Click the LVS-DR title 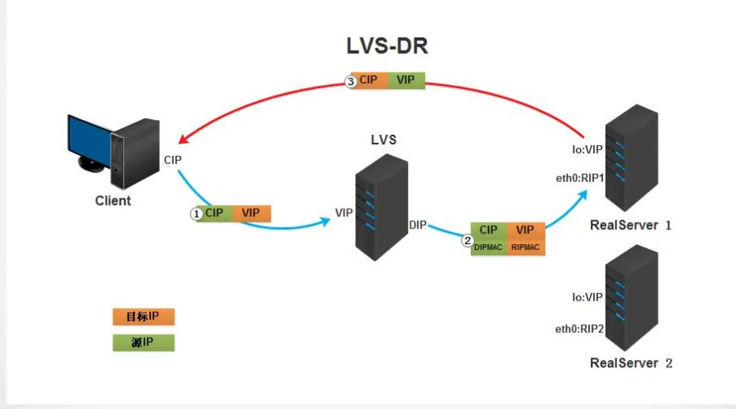coord(388,46)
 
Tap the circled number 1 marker coord(197,214)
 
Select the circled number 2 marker coord(467,241)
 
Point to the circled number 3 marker coord(351,82)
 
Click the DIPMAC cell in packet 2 coord(489,247)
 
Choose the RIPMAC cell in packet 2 coord(525,247)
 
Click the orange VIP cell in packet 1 coord(251,213)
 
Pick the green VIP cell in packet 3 coord(406,80)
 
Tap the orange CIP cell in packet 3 coord(370,80)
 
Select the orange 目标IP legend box coord(144,317)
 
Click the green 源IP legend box coord(144,343)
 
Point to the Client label coord(113,201)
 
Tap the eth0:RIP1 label coord(579,179)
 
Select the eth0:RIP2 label coord(579,329)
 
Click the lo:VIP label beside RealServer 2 coord(587,297)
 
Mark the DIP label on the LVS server coord(417,225)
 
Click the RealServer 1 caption coord(631,225)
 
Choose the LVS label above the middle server coord(384,140)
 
